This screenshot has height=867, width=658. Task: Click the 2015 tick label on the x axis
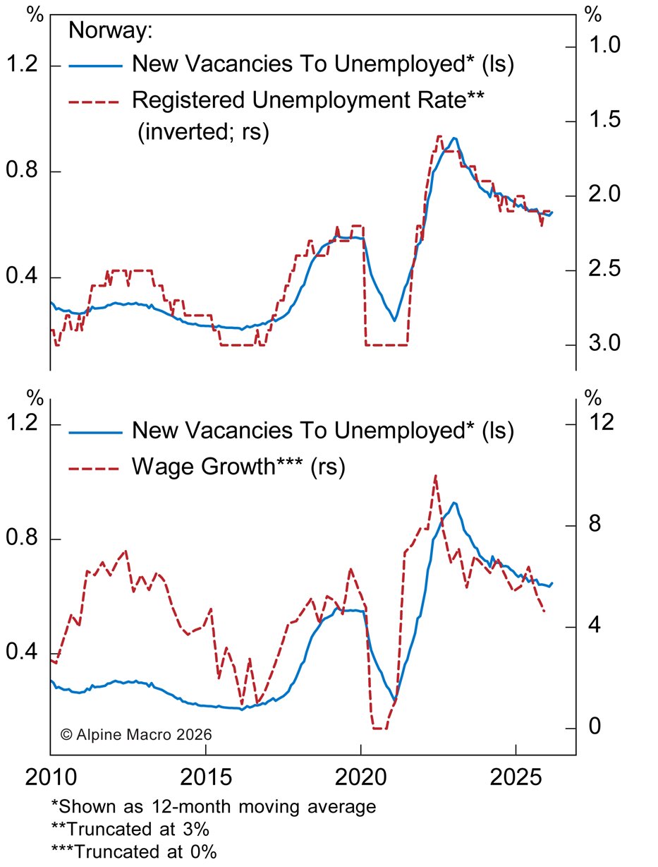pos(205,780)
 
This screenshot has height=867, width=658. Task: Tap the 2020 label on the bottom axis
pos(360,780)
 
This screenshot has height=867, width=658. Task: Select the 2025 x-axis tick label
pos(516,780)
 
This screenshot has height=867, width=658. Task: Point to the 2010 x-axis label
pos(50,780)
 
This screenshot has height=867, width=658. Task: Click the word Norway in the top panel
pos(110,32)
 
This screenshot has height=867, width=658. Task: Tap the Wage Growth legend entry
pos(238,466)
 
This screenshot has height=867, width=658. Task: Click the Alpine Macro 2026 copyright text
pos(136,734)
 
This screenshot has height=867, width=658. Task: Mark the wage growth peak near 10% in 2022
pos(436,477)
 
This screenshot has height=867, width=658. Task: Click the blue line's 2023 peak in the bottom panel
pos(455,503)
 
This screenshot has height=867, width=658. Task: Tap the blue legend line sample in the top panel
pos(95,66)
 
